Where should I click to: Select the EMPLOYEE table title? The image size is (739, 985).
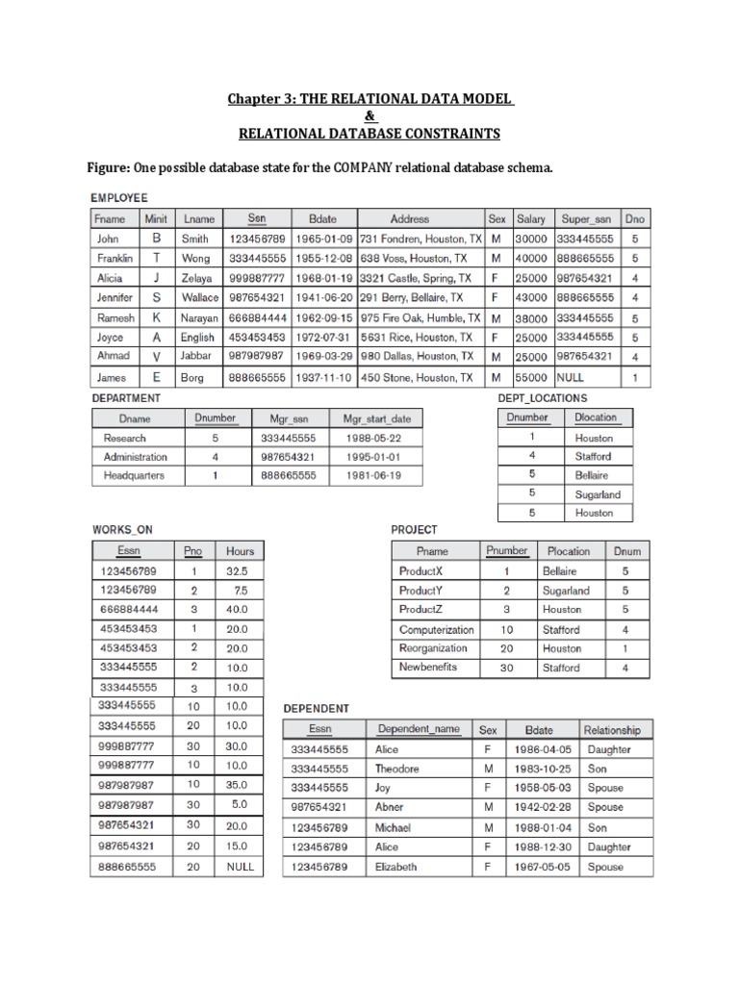120,198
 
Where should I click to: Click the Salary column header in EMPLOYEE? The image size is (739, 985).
530,219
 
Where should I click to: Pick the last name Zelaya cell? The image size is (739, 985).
196,279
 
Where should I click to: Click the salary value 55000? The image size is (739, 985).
530,378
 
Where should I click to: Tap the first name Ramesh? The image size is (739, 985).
115,318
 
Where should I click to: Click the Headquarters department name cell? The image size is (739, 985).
134,475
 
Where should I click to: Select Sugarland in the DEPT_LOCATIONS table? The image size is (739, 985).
598,494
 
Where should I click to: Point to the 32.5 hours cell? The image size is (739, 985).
237,570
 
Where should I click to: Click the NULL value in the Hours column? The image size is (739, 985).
240,867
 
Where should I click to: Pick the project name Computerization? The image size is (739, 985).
436,629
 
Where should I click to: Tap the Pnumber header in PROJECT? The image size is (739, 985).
507,551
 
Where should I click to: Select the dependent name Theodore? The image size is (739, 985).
397,769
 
